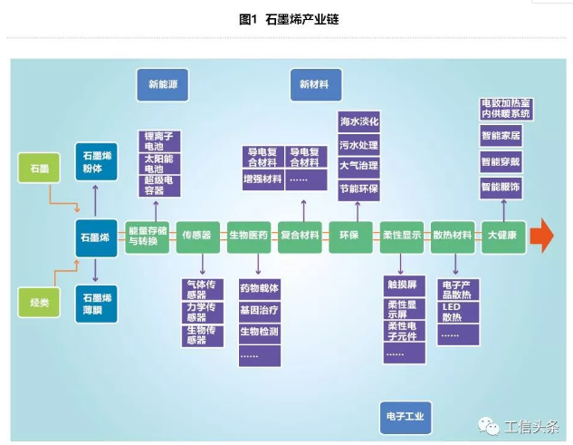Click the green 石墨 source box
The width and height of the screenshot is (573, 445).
tap(41, 169)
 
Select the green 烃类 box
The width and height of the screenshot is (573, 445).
tap(41, 303)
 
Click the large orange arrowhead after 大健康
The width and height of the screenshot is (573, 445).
tap(542, 236)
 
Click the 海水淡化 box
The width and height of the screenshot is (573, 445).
tap(358, 121)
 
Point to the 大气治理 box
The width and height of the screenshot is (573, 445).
tap(358, 167)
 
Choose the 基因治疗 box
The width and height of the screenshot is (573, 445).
tap(260, 310)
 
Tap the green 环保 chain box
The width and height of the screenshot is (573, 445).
tap(349, 236)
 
